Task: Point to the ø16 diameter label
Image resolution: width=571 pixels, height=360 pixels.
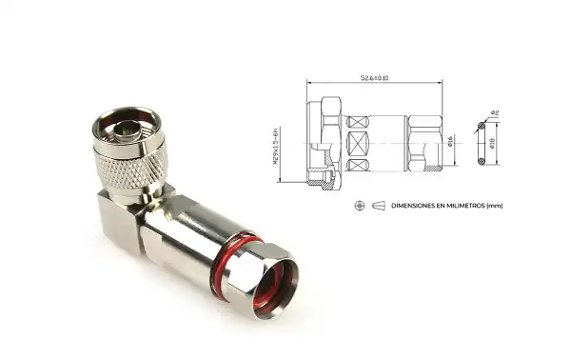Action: (447, 144)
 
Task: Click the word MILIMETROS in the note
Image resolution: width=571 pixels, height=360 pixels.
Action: (466, 205)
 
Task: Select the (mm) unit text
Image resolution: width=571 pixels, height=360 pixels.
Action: (494, 205)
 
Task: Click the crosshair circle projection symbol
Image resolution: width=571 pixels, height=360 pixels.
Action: (359, 205)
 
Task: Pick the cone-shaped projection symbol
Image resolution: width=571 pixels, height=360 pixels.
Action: (378, 205)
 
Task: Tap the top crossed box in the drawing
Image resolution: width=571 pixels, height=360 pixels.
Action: (359, 124)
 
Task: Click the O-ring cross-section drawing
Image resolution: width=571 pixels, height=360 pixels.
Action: (482, 145)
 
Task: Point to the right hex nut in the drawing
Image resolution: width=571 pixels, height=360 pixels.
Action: (423, 145)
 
